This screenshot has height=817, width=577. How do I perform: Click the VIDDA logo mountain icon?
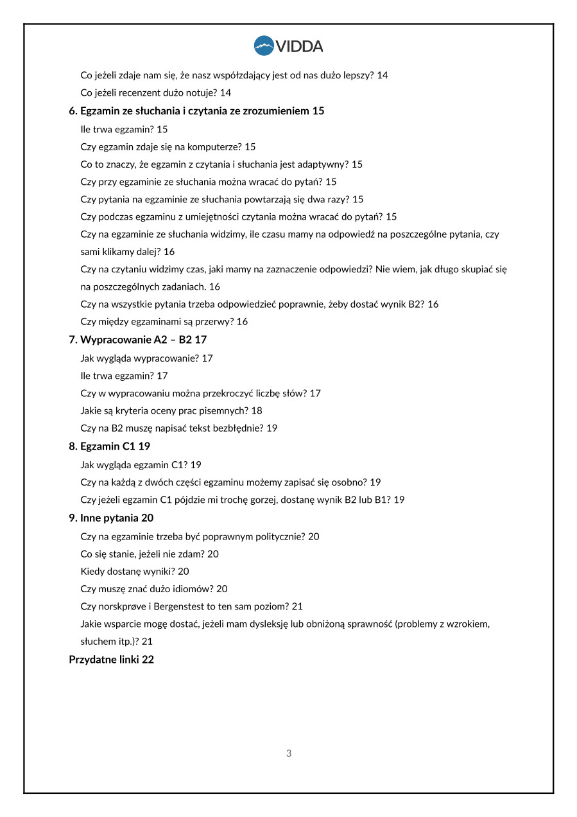pyautogui.click(x=264, y=46)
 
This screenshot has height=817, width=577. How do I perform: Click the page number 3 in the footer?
pyautogui.click(x=289, y=753)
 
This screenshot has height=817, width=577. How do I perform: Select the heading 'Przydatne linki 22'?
pyautogui.click(x=111, y=660)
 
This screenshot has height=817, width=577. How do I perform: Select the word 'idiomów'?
pyautogui.click(x=196, y=589)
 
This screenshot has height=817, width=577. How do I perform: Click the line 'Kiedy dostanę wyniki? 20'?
pyautogui.click(x=135, y=572)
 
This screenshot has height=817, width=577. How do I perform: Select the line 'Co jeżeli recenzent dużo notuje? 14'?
pyautogui.click(x=156, y=93)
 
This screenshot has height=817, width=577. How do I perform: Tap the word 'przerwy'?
pyautogui.click(x=215, y=322)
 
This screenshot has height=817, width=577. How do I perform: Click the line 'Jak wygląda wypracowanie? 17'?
pyautogui.click(x=146, y=358)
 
